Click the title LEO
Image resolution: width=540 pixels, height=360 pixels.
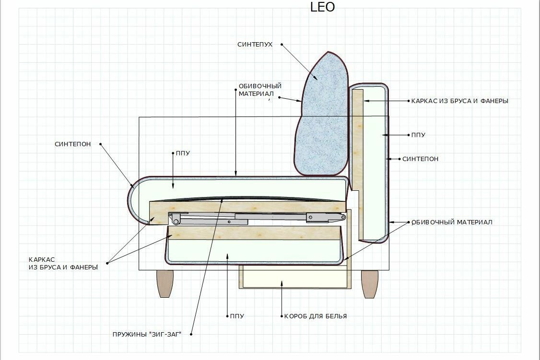click(x=323, y=7)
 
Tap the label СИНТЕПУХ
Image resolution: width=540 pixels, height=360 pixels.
click(x=255, y=45)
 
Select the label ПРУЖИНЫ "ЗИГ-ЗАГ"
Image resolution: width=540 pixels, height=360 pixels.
click(x=147, y=334)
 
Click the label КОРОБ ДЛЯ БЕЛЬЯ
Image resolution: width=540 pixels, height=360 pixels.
click(x=315, y=316)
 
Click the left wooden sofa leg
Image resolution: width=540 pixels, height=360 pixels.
click(x=165, y=283)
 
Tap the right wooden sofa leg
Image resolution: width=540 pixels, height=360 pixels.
click(x=369, y=283)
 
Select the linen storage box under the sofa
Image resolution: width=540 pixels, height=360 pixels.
click(x=293, y=277)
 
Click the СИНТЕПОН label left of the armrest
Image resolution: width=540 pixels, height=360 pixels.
click(x=72, y=144)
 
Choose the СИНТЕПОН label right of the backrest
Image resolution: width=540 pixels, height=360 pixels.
click(x=420, y=159)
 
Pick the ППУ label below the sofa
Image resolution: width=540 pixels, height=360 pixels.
click(x=237, y=316)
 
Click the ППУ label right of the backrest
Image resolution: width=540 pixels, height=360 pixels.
click(x=418, y=135)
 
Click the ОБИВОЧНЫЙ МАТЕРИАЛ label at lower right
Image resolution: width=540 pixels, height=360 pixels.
click(x=452, y=222)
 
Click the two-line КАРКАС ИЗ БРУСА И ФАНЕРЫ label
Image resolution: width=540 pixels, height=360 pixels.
click(x=63, y=263)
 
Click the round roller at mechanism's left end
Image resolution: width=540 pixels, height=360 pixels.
click(x=176, y=221)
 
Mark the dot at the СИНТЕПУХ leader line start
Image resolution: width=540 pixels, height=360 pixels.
click(x=282, y=45)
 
